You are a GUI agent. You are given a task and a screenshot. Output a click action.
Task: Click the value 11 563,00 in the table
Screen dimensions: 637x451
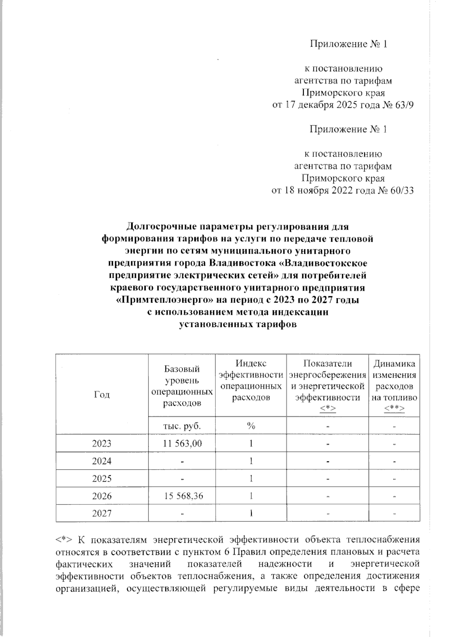[x=182, y=443]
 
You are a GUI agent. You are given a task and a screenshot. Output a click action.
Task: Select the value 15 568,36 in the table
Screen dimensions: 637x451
[x=182, y=496]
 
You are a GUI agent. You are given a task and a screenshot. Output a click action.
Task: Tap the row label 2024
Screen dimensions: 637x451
[x=102, y=461]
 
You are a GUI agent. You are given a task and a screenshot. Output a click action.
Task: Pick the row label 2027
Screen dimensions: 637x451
[x=102, y=513]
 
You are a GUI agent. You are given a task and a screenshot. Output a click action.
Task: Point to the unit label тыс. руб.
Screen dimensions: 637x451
[x=182, y=426]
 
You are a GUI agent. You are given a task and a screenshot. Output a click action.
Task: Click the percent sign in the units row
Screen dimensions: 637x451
[x=251, y=426]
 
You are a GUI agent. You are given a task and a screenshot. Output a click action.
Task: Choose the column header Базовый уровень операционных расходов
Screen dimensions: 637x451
[x=182, y=386]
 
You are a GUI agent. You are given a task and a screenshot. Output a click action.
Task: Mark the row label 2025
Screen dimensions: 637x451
[x=102, y=479]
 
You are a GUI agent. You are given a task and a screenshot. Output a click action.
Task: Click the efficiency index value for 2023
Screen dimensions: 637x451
[x=251, y=443]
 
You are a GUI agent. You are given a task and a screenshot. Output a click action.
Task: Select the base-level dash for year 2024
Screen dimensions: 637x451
[x=182, y=462]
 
